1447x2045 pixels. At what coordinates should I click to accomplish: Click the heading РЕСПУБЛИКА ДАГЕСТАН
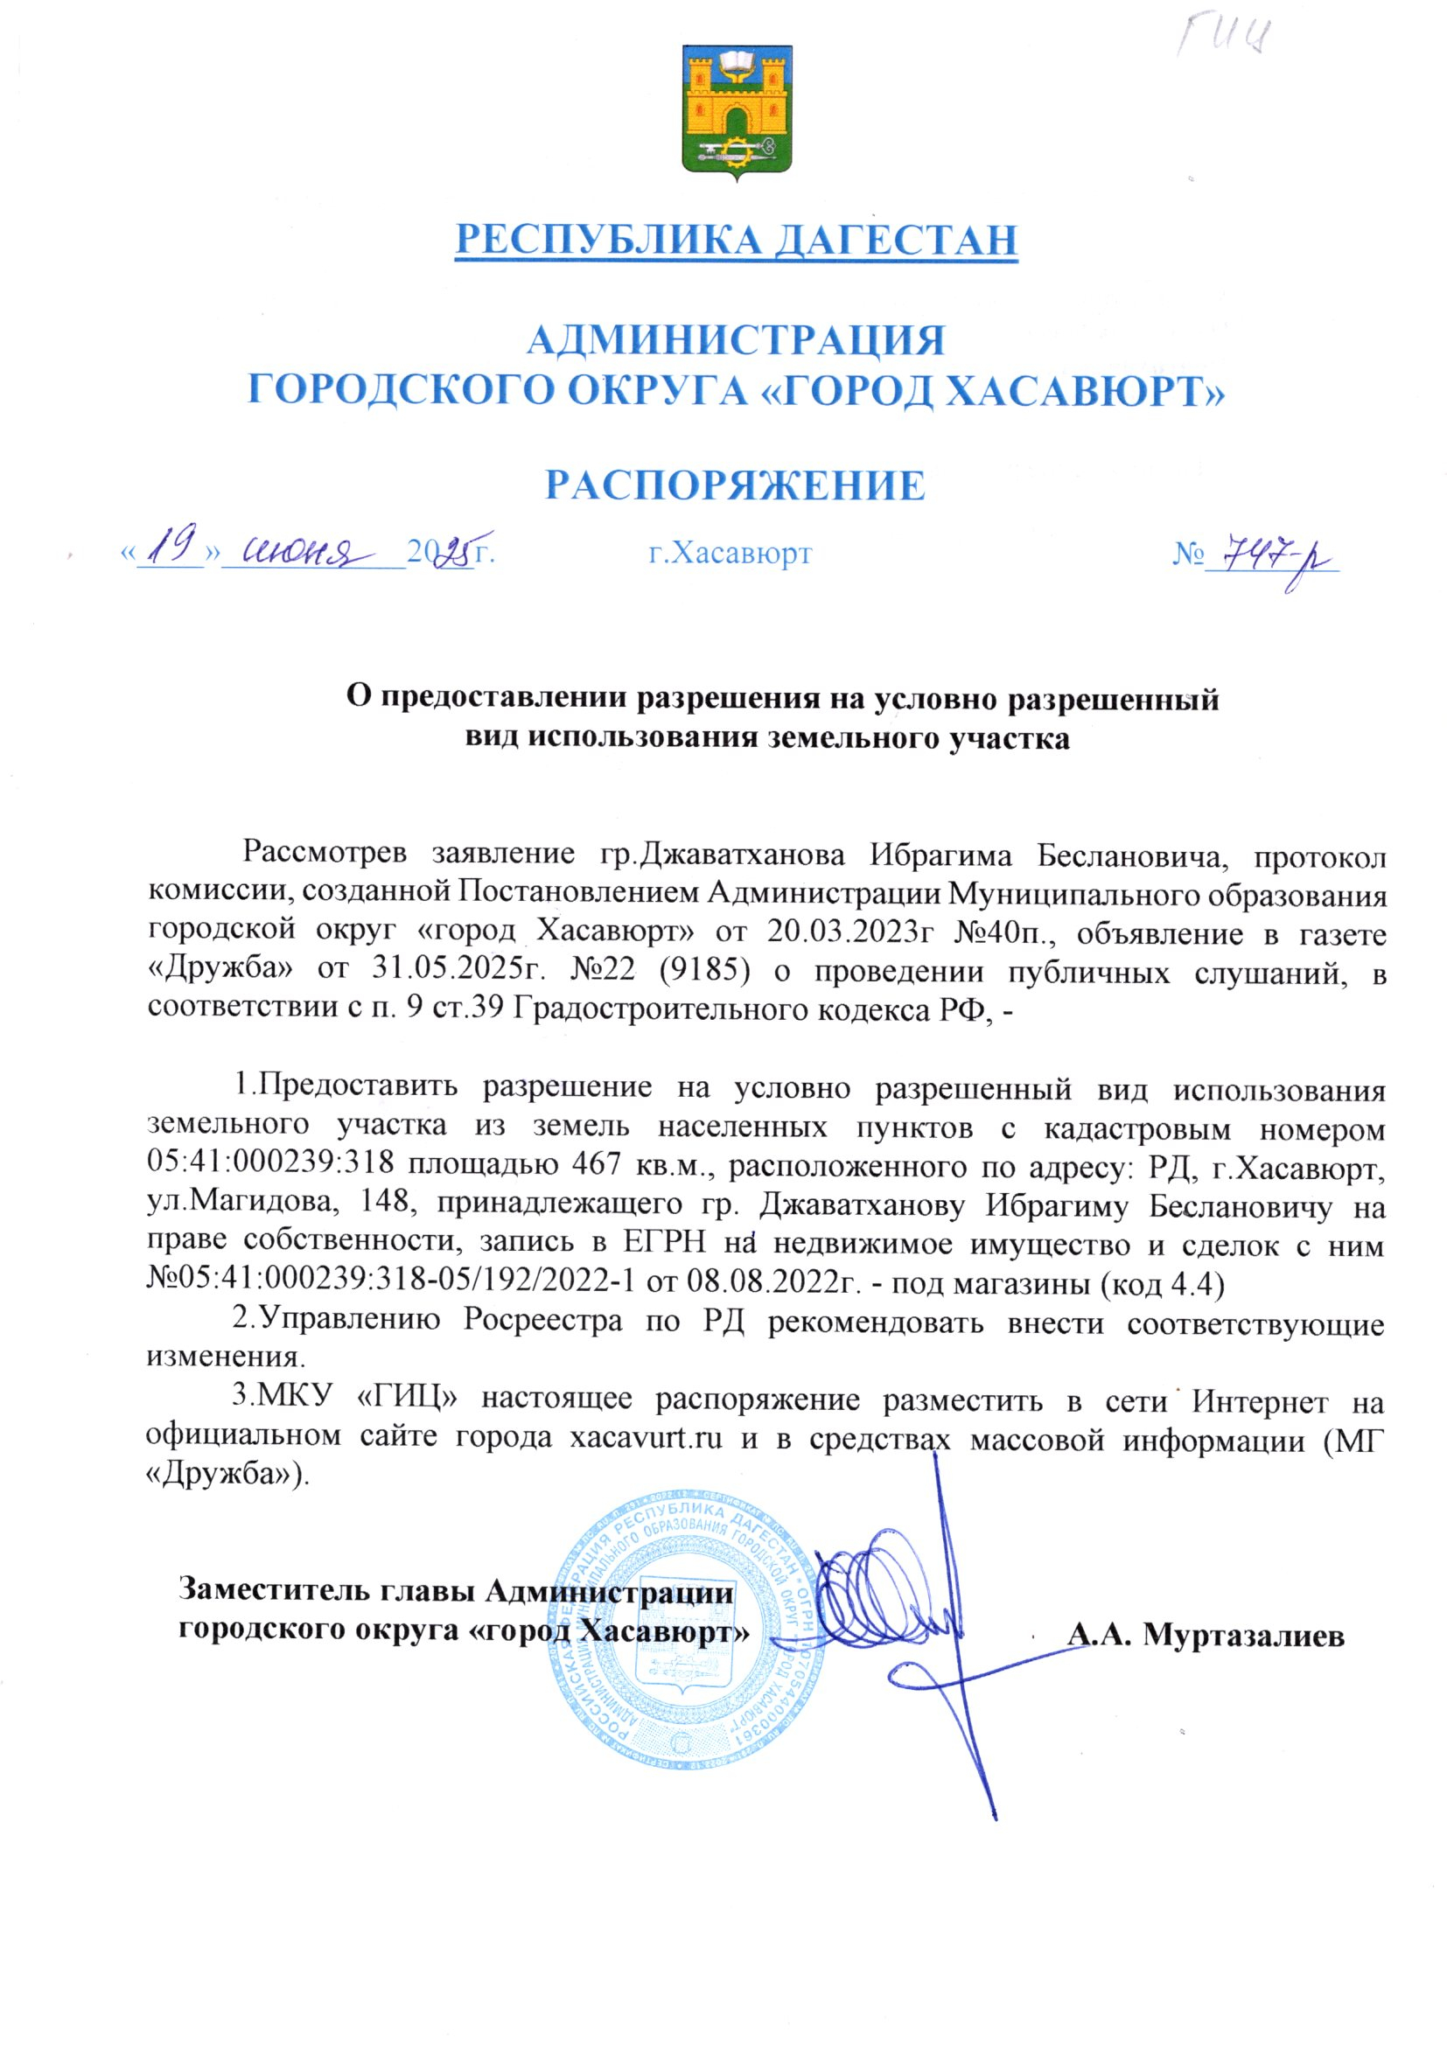coord(736,240)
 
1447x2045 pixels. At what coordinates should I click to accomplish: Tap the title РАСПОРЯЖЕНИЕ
coord(735,486)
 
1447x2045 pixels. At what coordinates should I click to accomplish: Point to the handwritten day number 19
coord(174,547)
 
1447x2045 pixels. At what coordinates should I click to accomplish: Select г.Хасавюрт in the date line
coord(730,554)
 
